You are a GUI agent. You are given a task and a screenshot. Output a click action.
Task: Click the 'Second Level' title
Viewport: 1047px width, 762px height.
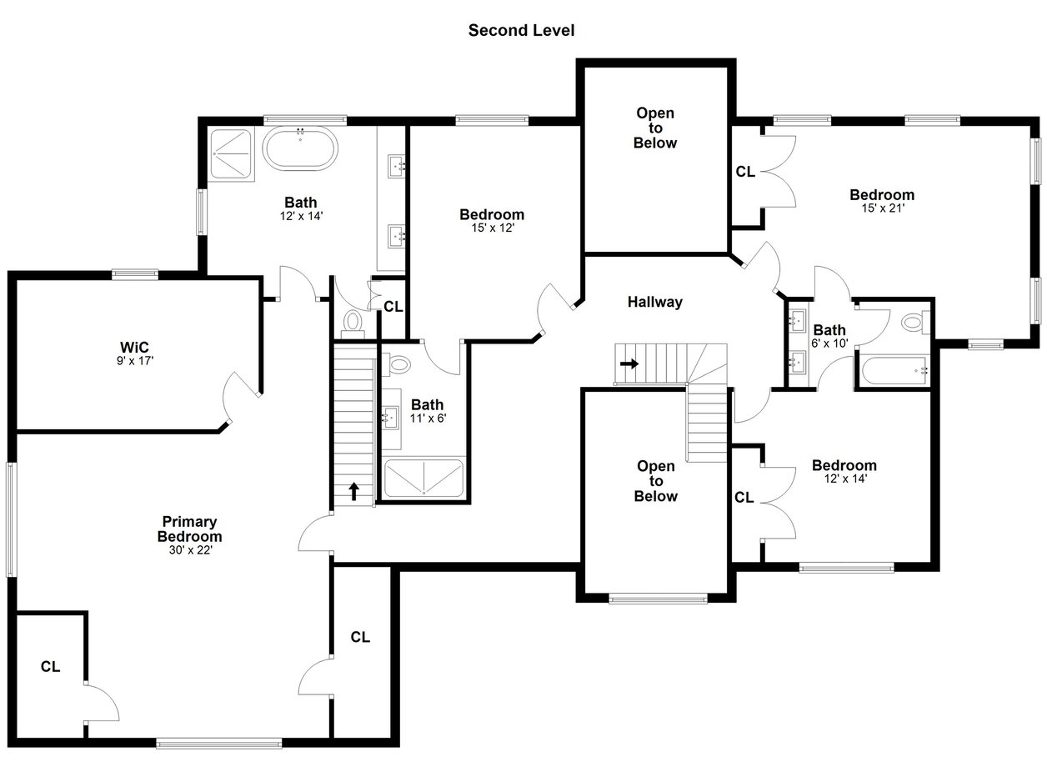pyautogui.click(x=521, y=30)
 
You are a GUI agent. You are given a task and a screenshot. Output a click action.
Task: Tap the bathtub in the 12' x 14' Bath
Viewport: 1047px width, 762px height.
pyautogui.click(x=299, y=148)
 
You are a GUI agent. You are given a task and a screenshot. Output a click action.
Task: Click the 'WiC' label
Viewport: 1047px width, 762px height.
pyautogui.click(x=134, y=348)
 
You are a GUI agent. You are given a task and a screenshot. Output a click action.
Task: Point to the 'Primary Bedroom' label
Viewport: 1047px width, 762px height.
pyautogui.click(x=189, y=529)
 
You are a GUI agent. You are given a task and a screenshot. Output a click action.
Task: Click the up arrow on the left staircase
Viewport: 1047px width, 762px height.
pyautogui.click(x=353, y=491)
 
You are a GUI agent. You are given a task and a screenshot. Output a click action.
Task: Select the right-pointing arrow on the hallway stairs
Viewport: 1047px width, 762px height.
pyautogui.click(x=629, y=363)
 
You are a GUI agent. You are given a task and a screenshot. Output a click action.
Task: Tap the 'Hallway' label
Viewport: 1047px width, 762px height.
pyautogui.click(x=654, y=302)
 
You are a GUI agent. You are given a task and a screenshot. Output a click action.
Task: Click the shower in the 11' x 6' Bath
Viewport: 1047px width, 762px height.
pyautogui.click(x=423, y=479)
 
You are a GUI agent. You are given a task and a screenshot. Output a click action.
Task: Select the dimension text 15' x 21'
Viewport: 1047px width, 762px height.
pyautogui.click(x=883, y=208)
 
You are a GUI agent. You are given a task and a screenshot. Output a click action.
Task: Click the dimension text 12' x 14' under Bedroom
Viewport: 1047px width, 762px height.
pyautogui.click(x=845, y=479)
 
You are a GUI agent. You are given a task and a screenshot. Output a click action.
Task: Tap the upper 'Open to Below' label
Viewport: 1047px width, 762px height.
pyautogui.click(x=655, y=128)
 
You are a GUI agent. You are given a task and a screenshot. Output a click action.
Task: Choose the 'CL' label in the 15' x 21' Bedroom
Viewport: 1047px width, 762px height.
pyautogui.click(x=745, y=172)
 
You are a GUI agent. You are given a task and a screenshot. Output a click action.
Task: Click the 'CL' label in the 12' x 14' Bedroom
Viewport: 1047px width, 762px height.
pyautogui.click(x=744, y=498)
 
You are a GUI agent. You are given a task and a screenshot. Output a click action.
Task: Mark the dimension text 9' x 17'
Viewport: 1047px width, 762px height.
pyautogui.click(x=135, y=360)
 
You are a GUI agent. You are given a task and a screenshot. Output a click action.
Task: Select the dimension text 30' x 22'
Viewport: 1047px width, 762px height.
pyautogui.click(x=191, y=550)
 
